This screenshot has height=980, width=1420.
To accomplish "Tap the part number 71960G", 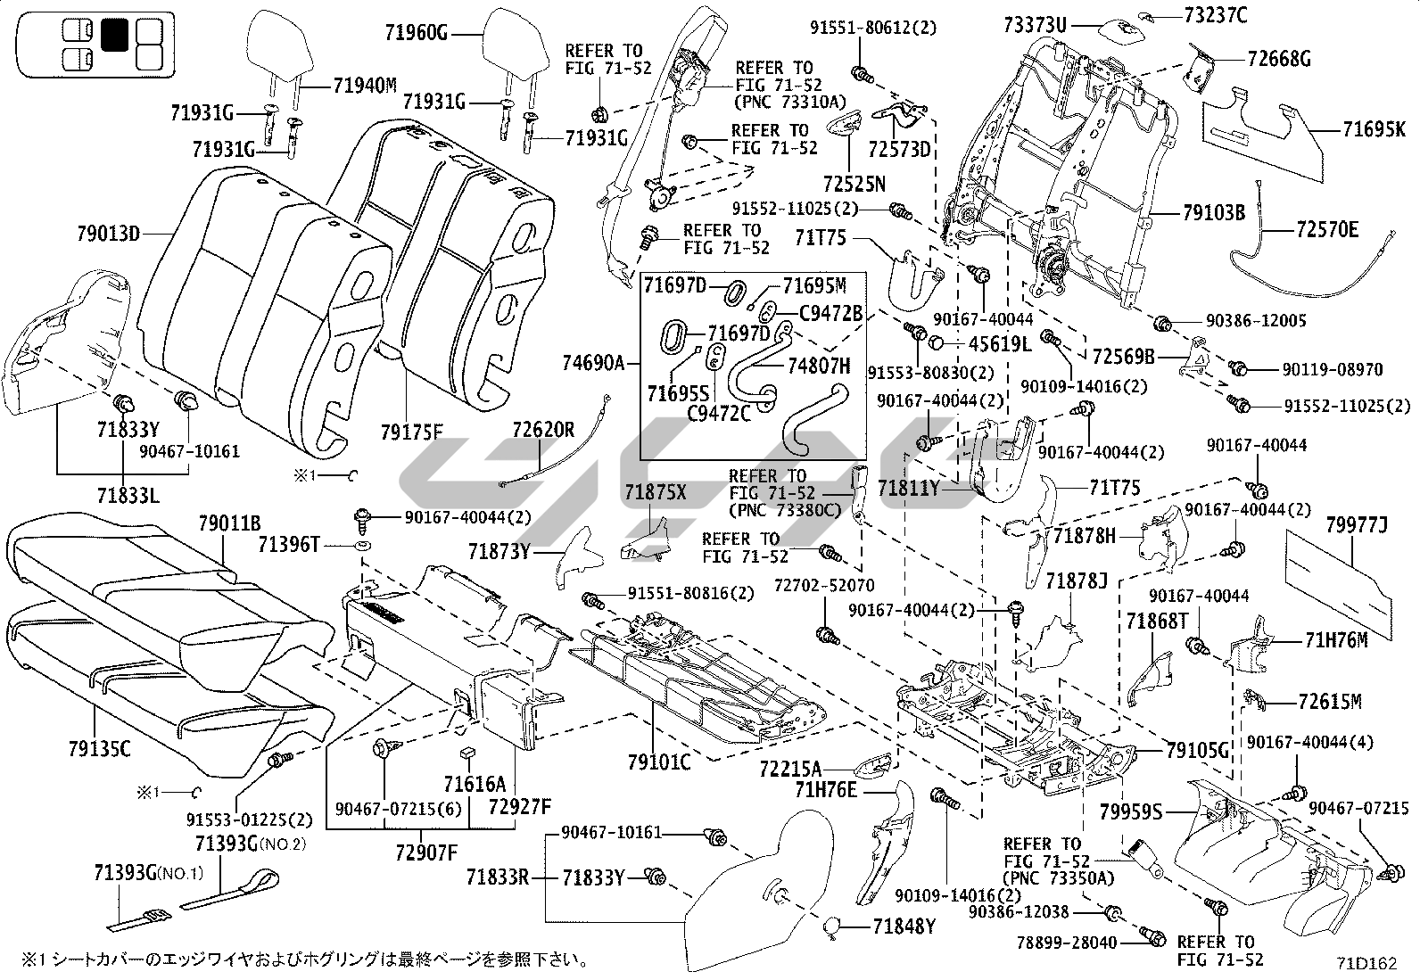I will point(416,34).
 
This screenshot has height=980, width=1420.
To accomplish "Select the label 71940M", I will point(365,86).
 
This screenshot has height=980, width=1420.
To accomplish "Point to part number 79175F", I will point(411,433).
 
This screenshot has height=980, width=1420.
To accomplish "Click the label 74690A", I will point(594,364).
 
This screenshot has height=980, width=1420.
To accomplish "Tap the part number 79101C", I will point(659,762).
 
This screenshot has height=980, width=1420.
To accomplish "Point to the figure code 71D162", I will point(1366,963).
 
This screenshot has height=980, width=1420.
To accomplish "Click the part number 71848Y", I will point(904,927).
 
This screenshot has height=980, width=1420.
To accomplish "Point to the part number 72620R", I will point(543,431).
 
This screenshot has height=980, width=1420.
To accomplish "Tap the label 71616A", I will point(475,785).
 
